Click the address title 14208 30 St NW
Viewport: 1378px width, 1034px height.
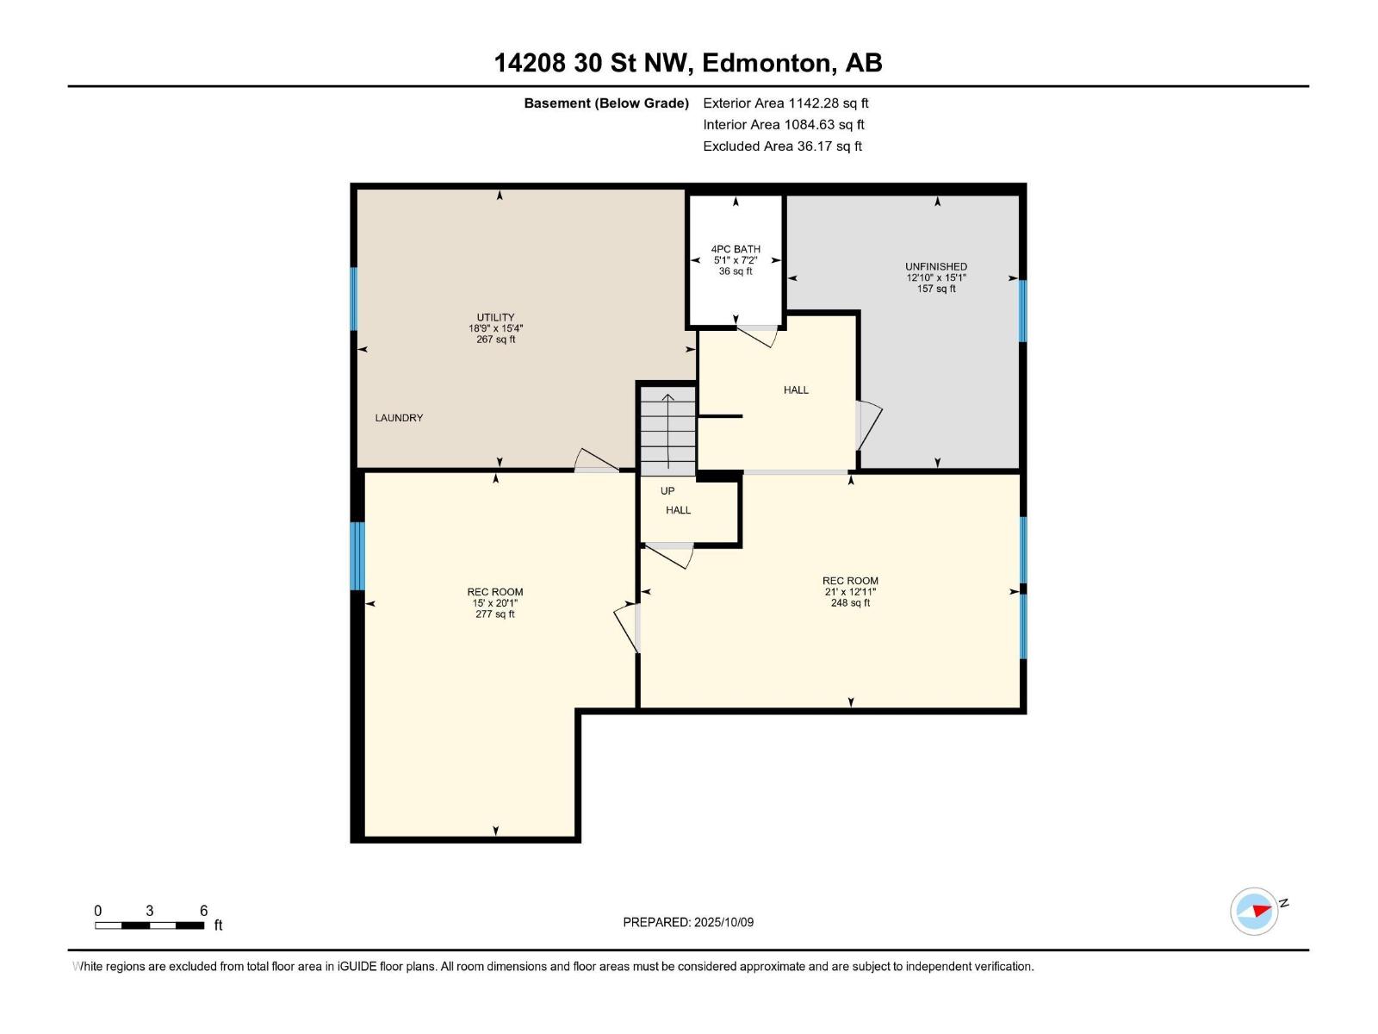687,63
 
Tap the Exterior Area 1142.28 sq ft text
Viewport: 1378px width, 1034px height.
785,103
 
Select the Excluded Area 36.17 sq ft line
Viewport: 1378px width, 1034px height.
782,146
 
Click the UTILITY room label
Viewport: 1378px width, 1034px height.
496,328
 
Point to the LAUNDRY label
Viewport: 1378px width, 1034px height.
399,418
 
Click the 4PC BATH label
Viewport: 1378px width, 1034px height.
736,259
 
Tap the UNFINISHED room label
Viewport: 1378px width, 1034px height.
936,277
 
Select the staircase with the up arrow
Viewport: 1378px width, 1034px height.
667,429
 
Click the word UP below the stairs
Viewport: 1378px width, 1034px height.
667,491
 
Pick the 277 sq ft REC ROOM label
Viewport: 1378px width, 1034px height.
495,602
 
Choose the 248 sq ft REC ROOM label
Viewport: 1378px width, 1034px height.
850,591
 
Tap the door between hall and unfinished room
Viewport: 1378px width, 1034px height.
868,426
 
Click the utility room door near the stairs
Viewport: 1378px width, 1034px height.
595,461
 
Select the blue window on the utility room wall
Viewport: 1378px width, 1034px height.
354,298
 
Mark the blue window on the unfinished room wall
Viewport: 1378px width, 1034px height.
1022,310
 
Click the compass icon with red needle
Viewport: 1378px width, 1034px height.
1254,911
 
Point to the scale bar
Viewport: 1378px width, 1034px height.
150,925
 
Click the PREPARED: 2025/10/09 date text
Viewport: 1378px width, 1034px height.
688,922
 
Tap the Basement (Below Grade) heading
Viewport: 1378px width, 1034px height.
606,103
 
